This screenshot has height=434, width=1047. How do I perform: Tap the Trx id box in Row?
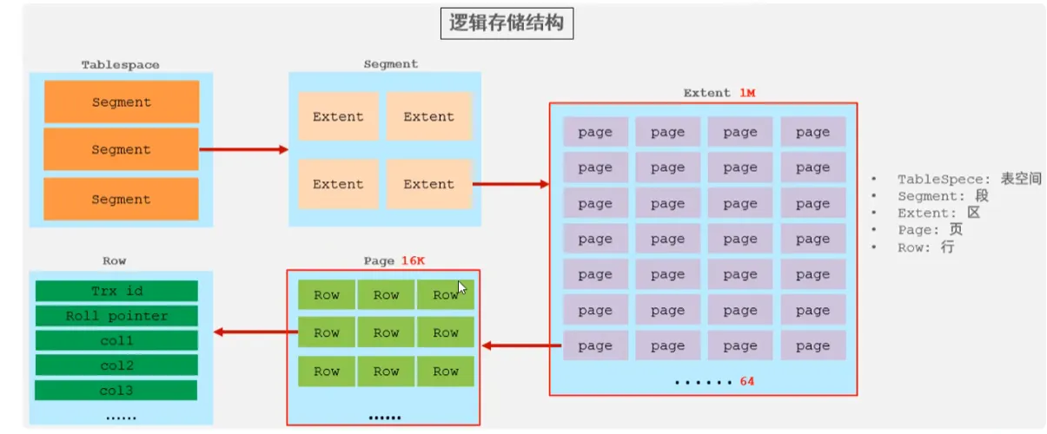[x=116, y=291]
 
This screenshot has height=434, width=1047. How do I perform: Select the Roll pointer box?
[x=116, y=316]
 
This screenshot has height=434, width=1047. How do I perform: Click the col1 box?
[x=116, y=340]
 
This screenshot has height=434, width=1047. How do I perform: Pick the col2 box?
[x=116, y=365]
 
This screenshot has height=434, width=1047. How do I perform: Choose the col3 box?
[x=116, y=390]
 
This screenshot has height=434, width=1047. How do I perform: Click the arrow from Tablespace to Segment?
[x=243, y=149]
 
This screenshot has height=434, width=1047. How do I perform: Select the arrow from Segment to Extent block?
[x=510, y=184]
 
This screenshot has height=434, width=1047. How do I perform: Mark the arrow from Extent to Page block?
[x=521, y=346]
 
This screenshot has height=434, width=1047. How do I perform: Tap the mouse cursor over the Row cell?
[x=462, y=289]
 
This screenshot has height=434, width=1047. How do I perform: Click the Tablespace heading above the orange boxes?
[x=120, y=65]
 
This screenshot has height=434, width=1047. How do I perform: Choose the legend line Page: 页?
[x=930, y=230]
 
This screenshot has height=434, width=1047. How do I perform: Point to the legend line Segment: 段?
[x=943, y=196]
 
